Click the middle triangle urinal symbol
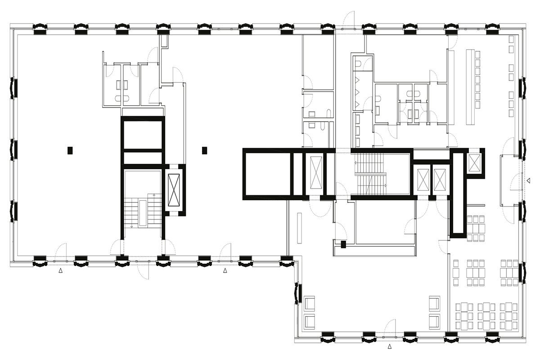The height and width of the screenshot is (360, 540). (357, 92)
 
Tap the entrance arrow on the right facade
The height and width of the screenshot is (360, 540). (529, 180)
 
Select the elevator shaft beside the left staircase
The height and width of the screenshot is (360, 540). (173, 189)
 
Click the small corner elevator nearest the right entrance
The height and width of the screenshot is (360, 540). (474, 163)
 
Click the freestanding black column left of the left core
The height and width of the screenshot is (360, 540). (70, 150)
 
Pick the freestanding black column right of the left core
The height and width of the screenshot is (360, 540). (204, 150)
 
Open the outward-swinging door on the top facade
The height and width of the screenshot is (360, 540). (349, 20)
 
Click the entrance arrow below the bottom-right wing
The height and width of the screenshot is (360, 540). (390, 346)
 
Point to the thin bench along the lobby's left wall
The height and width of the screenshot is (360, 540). (298, 228)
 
